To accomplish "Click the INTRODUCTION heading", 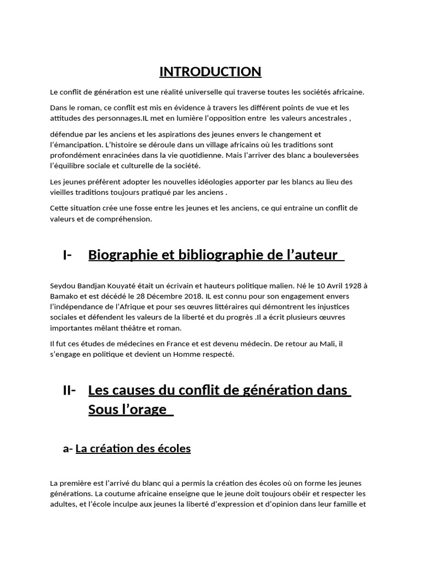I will point(210,72).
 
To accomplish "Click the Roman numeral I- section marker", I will point(68,255).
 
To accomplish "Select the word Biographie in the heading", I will point(120,255).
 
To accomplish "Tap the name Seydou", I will point(62,286).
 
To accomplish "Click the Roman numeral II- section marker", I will point(70,391).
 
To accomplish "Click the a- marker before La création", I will point(68,448).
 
